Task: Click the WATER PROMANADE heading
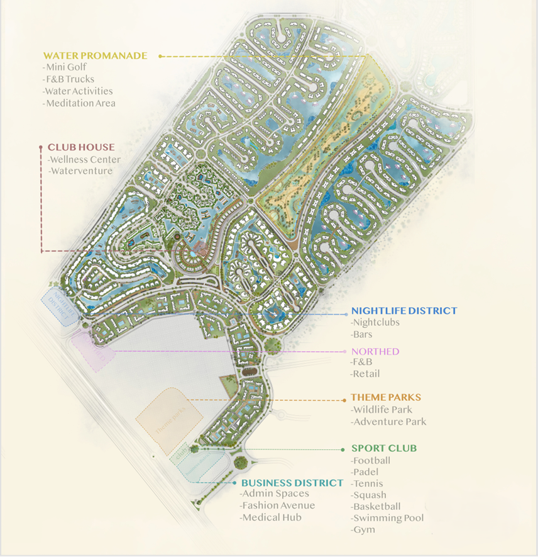(x=95, y=56)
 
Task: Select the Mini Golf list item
(x=65, y=67)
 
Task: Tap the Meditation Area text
(x=80, y=103)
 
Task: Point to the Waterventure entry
(x=82, y=171)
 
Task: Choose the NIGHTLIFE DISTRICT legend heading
(x=404, y=311)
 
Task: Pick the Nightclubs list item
(x=376, y=323)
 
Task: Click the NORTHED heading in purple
(x=375, y=351)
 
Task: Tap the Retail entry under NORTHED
(x=366, y=374)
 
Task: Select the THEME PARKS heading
(x=386, y=398)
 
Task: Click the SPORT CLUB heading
(x=384, y=449)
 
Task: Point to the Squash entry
(x=370, y=495)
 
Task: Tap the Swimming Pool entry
(x=388, y=518)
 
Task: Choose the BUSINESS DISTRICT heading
(x=292, y=483)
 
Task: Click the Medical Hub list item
(x=271, y=517)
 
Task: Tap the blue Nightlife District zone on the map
(x=58, y=305)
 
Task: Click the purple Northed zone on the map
(x=92, y=349)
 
